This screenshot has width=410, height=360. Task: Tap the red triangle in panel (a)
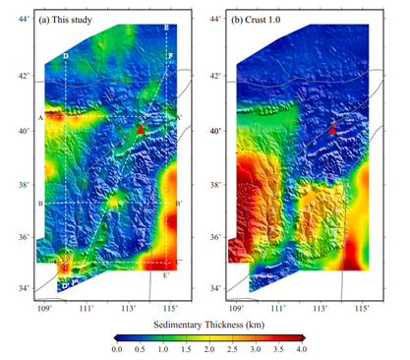click(142, 129)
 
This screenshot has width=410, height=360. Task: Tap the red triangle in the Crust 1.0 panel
click(332, 130)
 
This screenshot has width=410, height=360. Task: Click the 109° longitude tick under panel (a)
click(44, 307)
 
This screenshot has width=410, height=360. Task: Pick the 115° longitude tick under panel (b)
click(364, 307)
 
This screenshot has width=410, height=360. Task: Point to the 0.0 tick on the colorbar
click(116, 350)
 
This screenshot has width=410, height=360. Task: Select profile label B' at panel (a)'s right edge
click(179, 204)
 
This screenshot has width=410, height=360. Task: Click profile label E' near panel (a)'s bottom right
click(166, 274)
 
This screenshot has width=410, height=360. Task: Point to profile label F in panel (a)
click(170, 57)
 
